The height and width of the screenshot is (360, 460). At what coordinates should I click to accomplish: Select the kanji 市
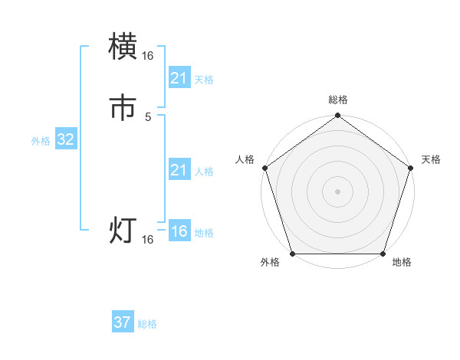coord(123,108)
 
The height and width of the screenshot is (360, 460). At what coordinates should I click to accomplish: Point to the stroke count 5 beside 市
coord(148,116)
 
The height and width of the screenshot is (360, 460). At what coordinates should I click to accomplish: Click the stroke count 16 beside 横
coord(148,55)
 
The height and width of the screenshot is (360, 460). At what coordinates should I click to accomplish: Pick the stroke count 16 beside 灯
coord(148,240)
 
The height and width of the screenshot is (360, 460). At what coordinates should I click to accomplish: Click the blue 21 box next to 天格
coord(179,78)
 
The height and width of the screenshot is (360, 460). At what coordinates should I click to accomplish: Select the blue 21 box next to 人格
coord(179,170)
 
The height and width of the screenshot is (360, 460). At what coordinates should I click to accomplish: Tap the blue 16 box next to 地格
coord(179,231)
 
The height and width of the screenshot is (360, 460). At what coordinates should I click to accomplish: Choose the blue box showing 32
coord(66,139)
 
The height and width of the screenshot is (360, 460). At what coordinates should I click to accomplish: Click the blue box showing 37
coord(123,322)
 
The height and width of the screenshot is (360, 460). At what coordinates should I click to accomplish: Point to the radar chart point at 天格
coord(411,168)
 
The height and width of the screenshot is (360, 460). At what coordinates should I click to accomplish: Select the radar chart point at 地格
coord(383,254)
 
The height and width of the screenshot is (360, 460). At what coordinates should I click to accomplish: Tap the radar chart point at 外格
coord(292,254)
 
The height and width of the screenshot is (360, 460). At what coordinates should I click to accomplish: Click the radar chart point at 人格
coord(264,168)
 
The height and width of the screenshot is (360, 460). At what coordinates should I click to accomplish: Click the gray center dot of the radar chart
coord(337,191)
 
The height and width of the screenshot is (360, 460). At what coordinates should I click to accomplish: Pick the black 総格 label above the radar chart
coord(337,100)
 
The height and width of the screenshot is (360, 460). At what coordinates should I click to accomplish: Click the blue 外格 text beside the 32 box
coord(41,141)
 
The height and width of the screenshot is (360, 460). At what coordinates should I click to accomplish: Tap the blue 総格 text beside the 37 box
coord(147,324)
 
